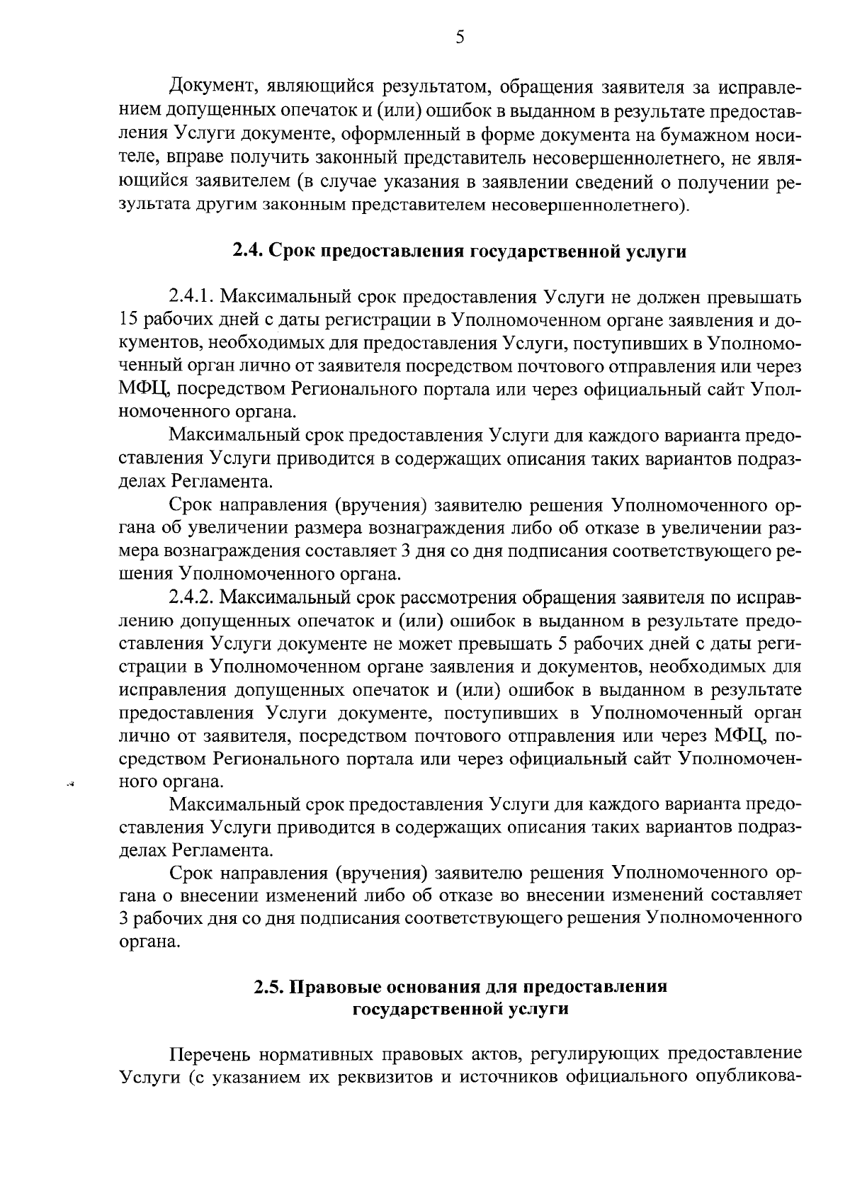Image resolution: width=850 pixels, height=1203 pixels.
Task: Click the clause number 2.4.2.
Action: (x=193, y=598)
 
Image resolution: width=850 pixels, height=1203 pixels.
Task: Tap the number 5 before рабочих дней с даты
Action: (x=576, y=644)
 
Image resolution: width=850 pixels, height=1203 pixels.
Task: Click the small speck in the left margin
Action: (x=70, y=784)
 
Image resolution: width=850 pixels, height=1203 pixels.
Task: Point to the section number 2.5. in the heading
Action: (x=271, y=987)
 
